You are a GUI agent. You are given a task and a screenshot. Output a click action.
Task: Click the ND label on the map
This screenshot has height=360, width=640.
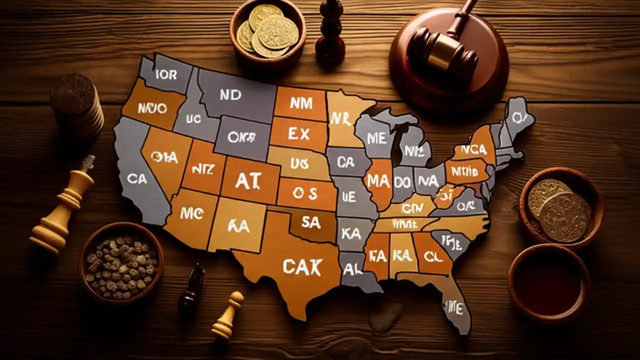pyautogui.click(x=230, y=95)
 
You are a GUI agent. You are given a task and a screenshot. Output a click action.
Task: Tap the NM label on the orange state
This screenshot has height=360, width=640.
pyautogui.click(x=300, y=103)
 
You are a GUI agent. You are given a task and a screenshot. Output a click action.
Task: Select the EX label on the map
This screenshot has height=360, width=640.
pyautogui.click(x=299, y=133)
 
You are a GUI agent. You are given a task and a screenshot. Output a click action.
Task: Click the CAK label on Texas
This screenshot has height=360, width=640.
pyautogui.click(x=302, y=266)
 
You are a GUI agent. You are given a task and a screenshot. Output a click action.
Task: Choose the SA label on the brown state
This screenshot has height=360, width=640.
pyautogui.click(x=311, y=222)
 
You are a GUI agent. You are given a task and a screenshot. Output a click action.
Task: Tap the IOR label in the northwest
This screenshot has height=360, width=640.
pyautogui.click(x=166, y=75)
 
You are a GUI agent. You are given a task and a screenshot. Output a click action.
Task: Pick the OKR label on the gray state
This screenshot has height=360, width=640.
pyautogui.click(x=241, y=136)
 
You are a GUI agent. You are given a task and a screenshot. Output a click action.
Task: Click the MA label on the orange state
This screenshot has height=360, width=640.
pyautogui.click(x=378, y=181)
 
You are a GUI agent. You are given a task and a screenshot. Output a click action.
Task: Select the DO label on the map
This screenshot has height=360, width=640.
pyautogui.click(x=402, y=183)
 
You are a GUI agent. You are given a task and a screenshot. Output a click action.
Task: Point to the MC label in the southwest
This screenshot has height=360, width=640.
pyautogui.click(x=191, y=213)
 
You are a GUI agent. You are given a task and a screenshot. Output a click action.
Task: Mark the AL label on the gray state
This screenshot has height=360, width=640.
pyautogui.click(x=353, y=269)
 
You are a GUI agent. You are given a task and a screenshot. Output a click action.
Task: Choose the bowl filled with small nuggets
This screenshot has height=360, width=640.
pyautogui.click(x=121, y=263)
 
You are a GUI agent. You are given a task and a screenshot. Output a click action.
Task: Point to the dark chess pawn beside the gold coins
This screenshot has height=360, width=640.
pyautogui.click(x=330, y=37)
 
